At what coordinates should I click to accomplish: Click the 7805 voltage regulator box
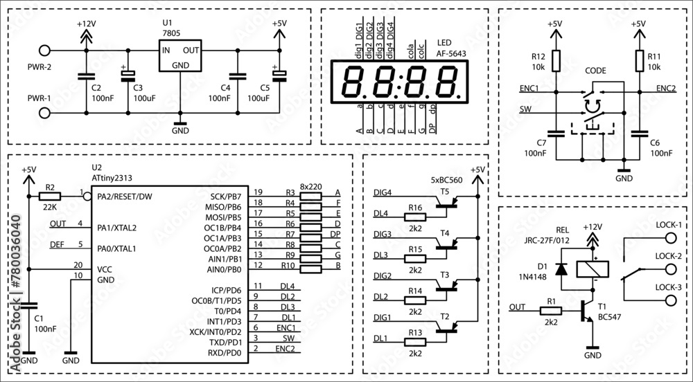pyautogui.click(x=179, y=56)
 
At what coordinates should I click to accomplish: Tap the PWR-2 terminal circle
pyautogui.click(x=46, y=51)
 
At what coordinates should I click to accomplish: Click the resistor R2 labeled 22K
pyautogui.click(x=50, y=196)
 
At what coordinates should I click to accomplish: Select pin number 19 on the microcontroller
pyautogui.click(x=258, y=192)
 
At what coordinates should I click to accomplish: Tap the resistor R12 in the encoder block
pyautogui.click(x=554, y=63)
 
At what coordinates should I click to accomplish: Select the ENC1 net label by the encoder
pyautogui.click(x=529, y=89)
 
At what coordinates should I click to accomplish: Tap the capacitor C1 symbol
pyautogui.click(x=28, y=305)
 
